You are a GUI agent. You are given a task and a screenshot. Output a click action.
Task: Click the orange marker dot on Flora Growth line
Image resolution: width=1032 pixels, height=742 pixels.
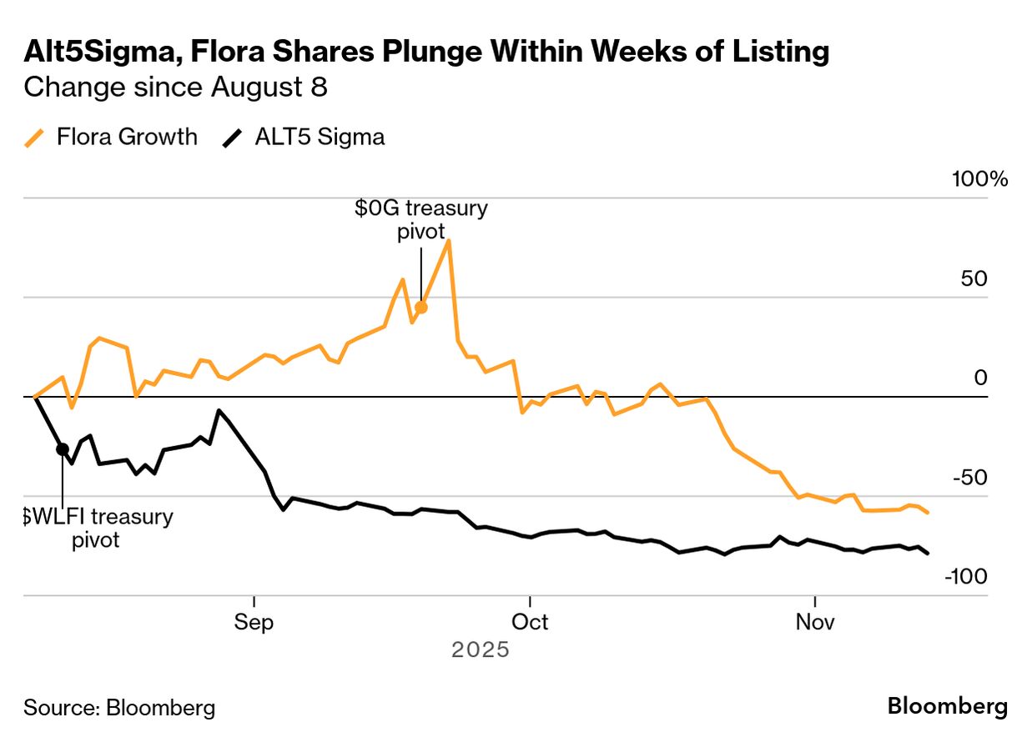[x=421, y=308]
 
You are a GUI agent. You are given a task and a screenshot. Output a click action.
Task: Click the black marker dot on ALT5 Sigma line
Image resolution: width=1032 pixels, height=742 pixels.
[x=63, y=449]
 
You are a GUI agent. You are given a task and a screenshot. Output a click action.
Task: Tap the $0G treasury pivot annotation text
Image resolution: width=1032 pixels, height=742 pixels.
[x=420, y=219]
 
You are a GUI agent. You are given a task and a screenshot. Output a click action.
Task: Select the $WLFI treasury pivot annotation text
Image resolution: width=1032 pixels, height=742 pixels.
[x=98, y=528]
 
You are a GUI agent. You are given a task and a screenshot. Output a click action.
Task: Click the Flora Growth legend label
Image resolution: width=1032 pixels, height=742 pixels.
[x=127, y=138]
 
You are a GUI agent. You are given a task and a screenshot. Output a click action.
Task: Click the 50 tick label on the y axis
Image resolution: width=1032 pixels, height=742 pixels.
[x=974, y=279]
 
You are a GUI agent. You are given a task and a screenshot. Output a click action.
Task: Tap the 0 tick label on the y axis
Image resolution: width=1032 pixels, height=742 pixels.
[x=980, y=379]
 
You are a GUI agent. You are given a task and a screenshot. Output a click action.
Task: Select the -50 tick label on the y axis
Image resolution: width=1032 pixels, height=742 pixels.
[x=969, y=478]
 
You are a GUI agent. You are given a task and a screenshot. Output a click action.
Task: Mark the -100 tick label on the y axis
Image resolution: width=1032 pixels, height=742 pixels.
[x=965, y=577]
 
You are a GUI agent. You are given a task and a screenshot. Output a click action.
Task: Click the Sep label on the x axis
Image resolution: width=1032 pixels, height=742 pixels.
[x=254, y=623]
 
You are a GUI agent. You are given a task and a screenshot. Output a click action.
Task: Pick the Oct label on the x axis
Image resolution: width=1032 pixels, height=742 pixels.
[x=529, y=623]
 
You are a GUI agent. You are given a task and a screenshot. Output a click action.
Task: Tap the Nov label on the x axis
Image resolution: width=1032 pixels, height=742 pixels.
[x=813, y=623]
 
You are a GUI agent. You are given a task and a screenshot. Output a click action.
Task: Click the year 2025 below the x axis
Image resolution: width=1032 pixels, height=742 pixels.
[x=480, y=649]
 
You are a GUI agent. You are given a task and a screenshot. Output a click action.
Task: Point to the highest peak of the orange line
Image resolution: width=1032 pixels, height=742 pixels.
[x=449, y=241]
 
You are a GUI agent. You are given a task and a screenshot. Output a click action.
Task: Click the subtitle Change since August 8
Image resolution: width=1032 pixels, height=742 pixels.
[x=175, y=88]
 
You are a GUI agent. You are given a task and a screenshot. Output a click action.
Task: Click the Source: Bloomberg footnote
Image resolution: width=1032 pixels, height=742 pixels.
[x=119, y=708]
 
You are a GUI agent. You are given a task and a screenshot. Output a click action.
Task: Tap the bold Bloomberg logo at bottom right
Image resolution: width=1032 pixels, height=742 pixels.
[x=947, y=707]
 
